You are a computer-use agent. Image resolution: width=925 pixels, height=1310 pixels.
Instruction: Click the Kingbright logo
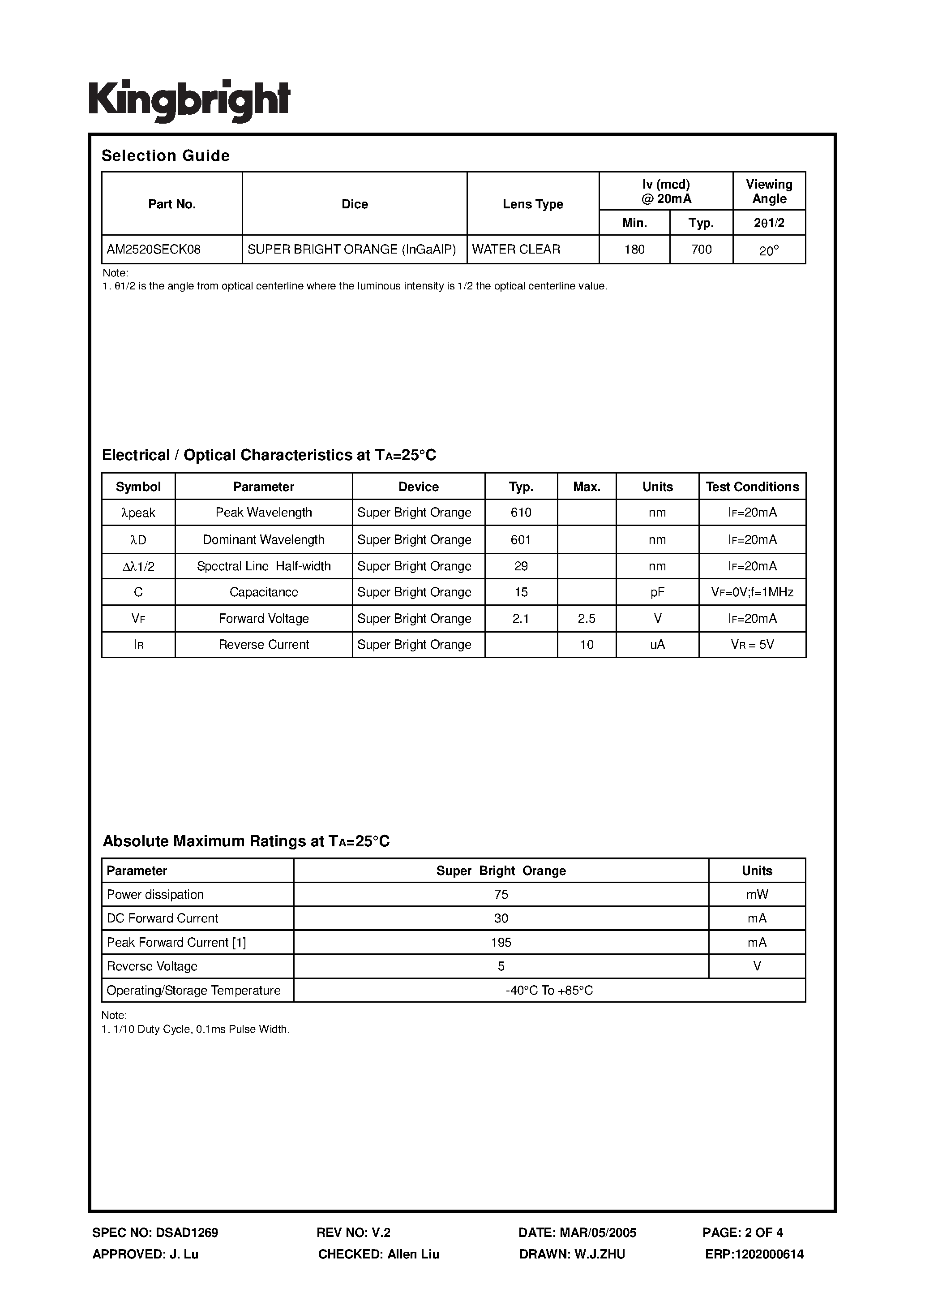[189, 100]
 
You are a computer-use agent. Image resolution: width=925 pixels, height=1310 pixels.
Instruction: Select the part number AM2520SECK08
[154, 250]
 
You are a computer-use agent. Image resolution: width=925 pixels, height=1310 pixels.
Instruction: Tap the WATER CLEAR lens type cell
[516, 250]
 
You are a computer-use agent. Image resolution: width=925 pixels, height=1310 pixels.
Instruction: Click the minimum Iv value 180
[634, 250]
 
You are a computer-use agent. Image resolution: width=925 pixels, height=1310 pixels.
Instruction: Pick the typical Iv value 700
[701, 250]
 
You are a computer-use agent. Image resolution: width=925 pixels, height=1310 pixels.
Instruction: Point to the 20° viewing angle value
[769, 250]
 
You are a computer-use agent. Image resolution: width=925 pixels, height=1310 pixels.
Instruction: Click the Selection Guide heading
[165, 156]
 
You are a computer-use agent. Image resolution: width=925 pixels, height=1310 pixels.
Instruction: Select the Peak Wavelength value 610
[521, 513]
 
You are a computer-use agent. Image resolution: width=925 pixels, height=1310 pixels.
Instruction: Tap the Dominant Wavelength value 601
[521, 539]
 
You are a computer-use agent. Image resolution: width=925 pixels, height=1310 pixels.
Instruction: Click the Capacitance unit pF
[657, 592]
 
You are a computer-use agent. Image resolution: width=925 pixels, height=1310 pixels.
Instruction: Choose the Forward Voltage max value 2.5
[586, 618]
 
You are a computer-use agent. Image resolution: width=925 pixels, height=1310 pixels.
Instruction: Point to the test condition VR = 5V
[752, 645]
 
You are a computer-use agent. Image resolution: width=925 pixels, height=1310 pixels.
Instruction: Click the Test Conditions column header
[752, 487]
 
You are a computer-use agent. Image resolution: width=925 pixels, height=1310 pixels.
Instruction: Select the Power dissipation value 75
[501, 895]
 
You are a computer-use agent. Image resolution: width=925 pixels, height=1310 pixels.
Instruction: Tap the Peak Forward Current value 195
[501, 943]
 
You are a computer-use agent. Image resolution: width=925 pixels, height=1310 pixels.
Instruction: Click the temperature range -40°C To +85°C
[549, 991]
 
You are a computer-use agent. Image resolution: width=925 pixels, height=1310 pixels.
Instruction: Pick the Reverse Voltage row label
[152, 966]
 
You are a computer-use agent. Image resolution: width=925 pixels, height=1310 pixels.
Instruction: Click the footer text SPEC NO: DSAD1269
[155, 1233]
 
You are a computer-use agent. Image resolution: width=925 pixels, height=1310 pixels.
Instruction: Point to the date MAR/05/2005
[598, 1233]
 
